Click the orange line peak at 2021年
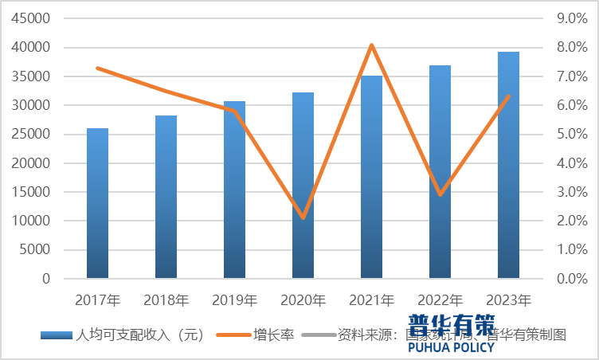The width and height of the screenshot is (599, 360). click(371, 45)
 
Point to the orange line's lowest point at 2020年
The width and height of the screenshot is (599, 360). click(303, 217)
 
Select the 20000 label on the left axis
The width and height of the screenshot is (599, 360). click(33, 163)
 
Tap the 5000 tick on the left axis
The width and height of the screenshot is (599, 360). click(36, 250)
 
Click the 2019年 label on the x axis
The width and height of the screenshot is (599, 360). click(234, 301)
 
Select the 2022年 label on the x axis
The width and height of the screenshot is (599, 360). click(440, 301)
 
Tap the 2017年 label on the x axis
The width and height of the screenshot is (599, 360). click(97, 301)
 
